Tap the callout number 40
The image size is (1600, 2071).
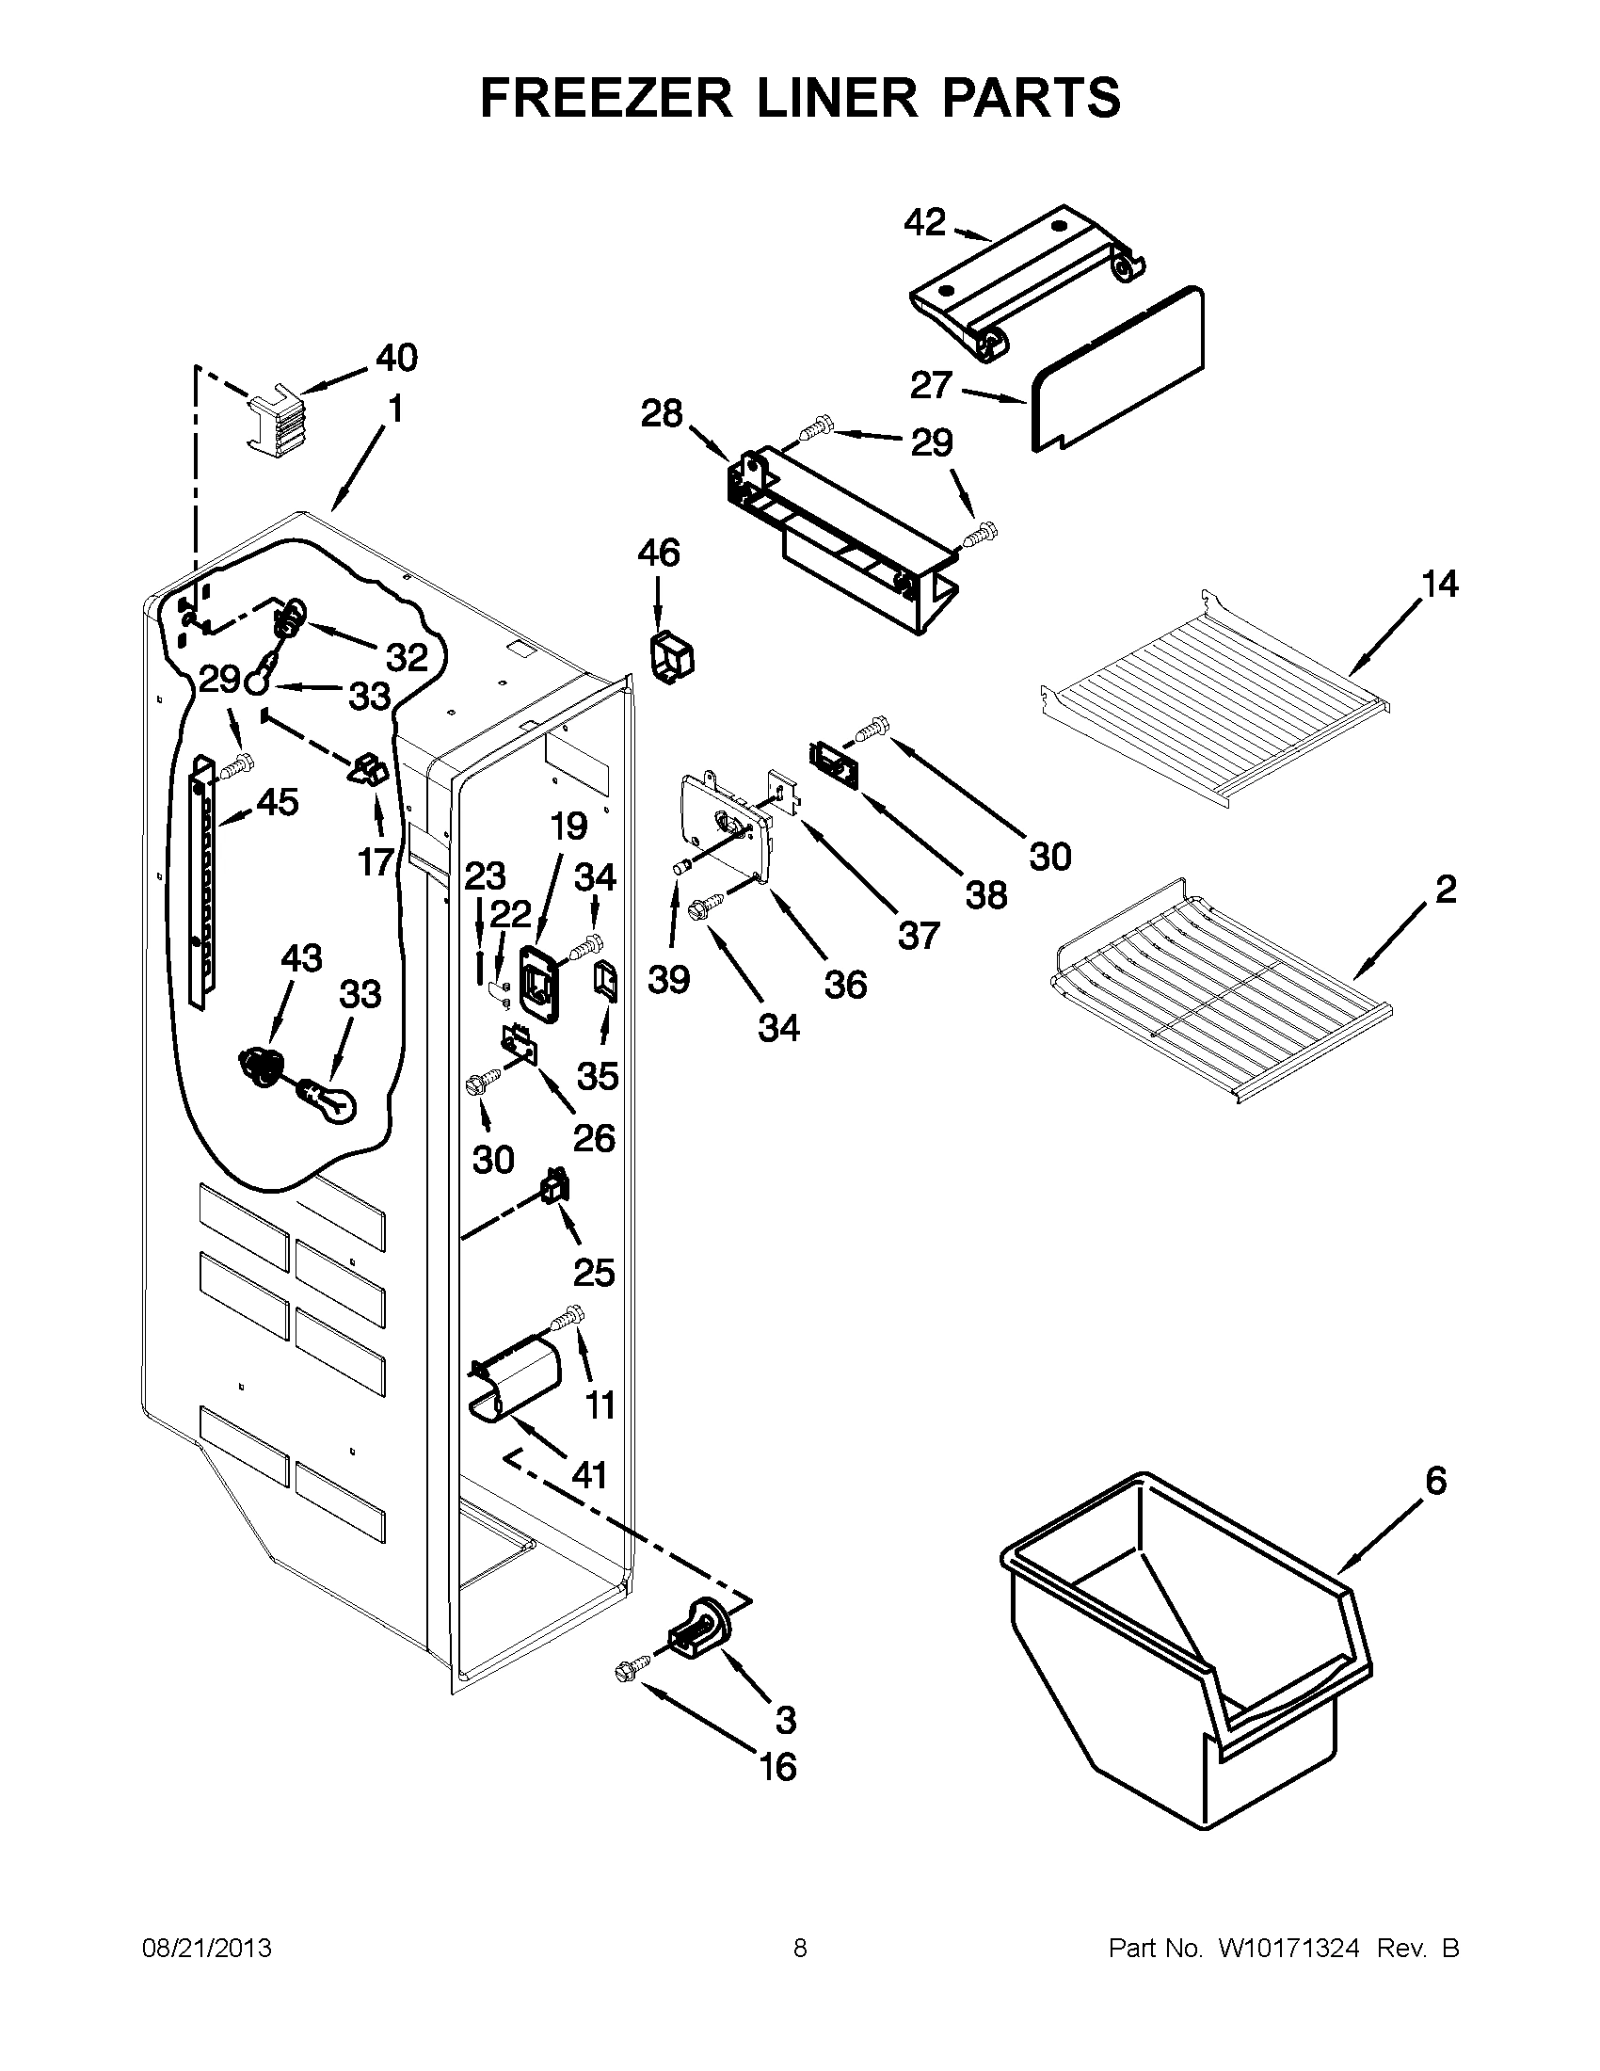(396, 359)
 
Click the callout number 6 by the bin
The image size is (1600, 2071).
(1436, 1480)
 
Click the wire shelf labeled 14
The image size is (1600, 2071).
(1217, 721)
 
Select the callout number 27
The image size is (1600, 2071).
(930, 385)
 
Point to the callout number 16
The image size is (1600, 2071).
(778, 1767)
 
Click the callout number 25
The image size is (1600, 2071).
(594, 1272)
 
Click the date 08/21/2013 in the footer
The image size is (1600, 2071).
(207, 1948)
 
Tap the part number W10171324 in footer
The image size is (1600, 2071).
(1289, 1948)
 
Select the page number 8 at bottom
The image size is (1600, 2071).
(800, 1948)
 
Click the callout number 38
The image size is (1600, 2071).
(985, 894)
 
